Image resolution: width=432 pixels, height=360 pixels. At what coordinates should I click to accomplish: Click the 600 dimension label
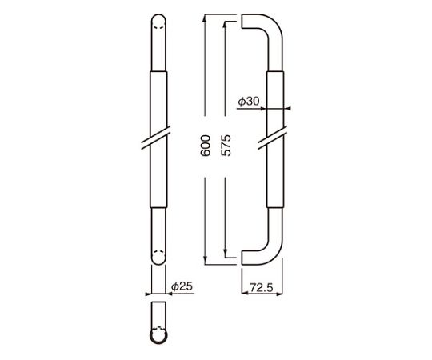(x=206, y=146)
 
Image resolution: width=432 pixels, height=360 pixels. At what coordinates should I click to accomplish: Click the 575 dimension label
(x=226, y=146)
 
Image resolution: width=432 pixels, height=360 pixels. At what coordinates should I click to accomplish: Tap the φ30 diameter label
(x=249, y=102)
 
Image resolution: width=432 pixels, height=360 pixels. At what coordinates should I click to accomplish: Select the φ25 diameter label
(x=182, y=286)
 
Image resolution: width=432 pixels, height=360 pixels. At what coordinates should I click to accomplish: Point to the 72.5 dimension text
(x=262, y=287)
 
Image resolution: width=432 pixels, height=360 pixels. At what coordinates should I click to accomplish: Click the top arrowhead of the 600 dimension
(x=205, y=18)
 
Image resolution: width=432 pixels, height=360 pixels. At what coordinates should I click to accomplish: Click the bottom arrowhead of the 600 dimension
(x=205, y=261)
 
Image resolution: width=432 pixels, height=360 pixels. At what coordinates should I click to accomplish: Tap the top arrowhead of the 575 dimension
(x=226, y=25)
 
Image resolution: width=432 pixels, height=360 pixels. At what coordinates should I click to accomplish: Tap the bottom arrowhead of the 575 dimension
(x=226, y=254)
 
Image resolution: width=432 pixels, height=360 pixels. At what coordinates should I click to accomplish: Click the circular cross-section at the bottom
(x=158, y=336)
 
